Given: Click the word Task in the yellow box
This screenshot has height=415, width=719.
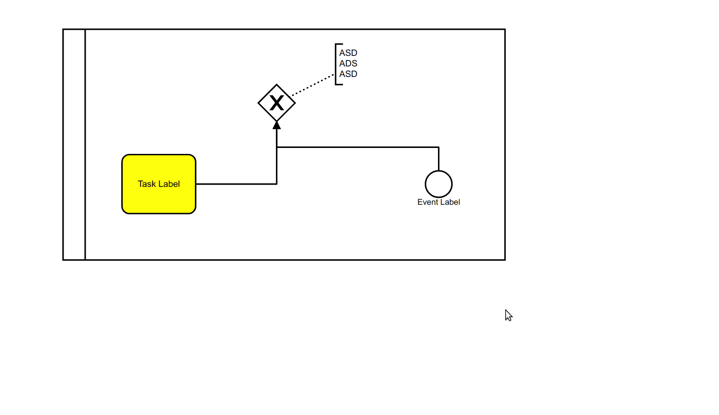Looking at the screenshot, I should point(146,184).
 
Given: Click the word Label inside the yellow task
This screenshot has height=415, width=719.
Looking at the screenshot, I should point(169,184).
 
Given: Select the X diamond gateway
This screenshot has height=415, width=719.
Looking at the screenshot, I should point(265,103).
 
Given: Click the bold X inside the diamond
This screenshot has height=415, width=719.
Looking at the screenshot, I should point(276,103).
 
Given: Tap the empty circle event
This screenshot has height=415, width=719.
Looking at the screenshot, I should point(438,184).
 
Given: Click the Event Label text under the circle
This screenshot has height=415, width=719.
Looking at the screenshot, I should point(438,202).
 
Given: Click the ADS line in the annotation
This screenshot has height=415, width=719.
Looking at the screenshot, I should point(348,64).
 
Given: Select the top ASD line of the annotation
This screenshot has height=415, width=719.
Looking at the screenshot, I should point(348,53).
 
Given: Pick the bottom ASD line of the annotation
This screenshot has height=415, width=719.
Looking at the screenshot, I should point(348,74).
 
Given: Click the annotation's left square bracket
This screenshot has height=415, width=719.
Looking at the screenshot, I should point(336,64).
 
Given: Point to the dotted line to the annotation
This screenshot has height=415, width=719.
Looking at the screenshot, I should point(313,85).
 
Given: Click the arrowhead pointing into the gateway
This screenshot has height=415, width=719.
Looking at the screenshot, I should point(276,125).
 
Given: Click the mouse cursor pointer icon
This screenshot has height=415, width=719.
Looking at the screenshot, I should point(508,315).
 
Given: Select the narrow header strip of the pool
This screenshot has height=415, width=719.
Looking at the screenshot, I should point(74,145).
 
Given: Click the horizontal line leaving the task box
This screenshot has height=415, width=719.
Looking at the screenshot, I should point(236,184).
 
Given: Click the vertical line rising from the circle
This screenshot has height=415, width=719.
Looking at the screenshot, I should point(438,159).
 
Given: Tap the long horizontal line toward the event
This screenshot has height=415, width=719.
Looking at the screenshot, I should point(357,147).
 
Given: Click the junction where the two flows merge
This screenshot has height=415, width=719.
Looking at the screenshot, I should point(276,147).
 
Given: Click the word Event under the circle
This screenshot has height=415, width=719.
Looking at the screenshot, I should point(427,202).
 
